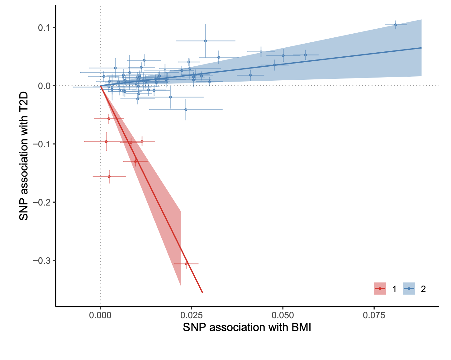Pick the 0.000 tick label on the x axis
coord(100,315)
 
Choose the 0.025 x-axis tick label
coord(191,315)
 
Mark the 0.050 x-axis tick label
coord(282,315)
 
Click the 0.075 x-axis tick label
coord(374,315)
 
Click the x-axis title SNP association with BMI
coord(247,328)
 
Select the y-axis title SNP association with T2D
coord(24,156)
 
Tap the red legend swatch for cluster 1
coord(380,289)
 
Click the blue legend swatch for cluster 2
coord(409,289)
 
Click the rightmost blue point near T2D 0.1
coord(396,25)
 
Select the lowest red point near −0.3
coord(186,264)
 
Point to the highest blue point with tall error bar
coord(205,41)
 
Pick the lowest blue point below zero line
coord(186,110)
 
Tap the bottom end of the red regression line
coord(202,292)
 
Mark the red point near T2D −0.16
coord(109,177)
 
